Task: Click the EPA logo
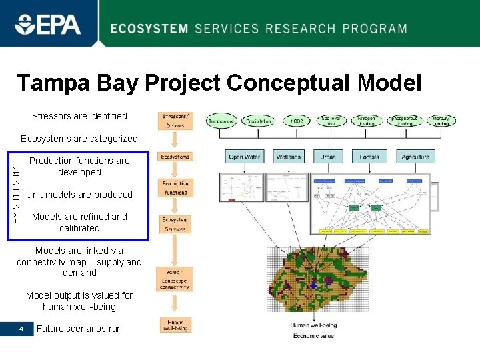48,25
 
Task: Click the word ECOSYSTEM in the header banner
149,29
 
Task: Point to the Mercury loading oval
441,120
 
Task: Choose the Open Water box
245,157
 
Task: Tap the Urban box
328,157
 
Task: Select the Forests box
369,157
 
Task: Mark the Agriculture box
415,157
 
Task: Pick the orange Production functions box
175,188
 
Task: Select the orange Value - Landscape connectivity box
175,279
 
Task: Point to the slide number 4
22,329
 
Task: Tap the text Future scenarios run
79,329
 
